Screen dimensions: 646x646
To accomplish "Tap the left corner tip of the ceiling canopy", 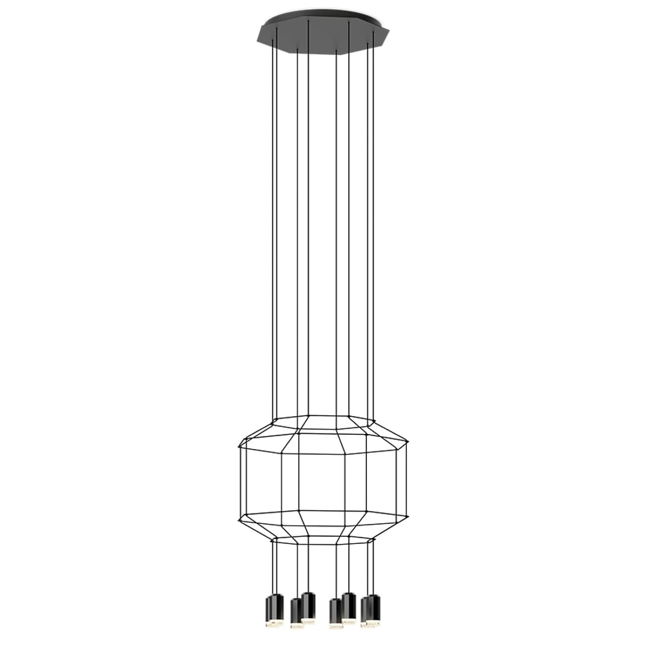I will [x=257, y=33].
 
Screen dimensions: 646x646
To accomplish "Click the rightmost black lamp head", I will [x=373, y=607].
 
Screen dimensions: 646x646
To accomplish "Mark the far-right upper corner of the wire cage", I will [x=408, y=443].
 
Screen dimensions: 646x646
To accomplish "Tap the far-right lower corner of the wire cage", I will [x=408, y=517].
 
